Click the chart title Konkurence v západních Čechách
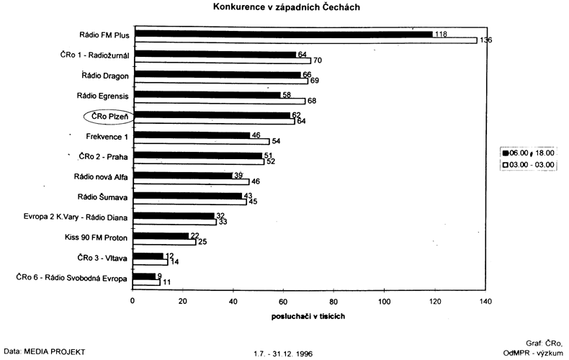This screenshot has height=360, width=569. [x=287, y=7]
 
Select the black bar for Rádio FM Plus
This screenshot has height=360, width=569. [x=283, y=34]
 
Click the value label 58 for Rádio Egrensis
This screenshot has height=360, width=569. [x=286, y=94]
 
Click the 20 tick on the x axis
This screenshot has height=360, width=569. [x=183, y=300]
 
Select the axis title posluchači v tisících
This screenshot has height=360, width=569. [x=309, y=315]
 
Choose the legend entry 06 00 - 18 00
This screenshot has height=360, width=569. [x=529, y=153]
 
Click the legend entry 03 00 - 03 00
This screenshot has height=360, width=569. [x=529, y=165]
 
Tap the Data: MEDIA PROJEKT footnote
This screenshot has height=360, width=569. [x=44, y=351]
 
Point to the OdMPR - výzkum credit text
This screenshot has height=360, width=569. [x=534, y=352]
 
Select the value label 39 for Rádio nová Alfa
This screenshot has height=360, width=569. [x=238, y=175]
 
